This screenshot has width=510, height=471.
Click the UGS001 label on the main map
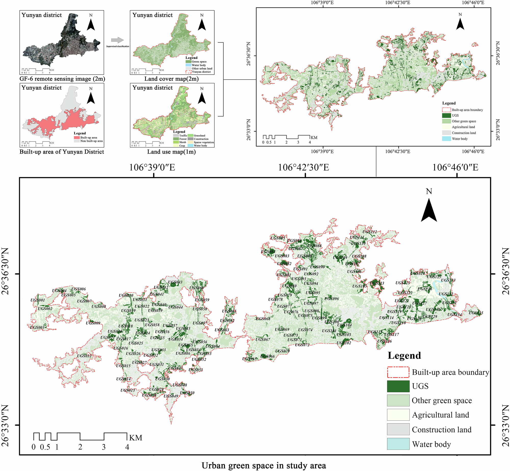37,300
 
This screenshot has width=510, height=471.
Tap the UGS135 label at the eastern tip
476,313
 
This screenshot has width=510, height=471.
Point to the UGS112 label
369,232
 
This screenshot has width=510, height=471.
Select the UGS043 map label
175,282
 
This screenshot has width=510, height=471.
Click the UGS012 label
84,356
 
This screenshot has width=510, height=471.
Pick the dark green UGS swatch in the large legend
398,386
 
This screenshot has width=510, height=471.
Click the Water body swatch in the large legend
398,444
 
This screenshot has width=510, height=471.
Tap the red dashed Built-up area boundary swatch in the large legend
398,372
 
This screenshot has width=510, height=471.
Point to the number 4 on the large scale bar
127,447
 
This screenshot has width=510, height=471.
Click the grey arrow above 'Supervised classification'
117,40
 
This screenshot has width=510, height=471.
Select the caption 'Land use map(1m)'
171,152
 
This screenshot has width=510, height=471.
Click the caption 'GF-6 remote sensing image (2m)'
62,79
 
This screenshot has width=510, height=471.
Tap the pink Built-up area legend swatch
77,137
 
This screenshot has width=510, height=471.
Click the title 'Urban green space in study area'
264,465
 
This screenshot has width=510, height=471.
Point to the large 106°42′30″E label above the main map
303,168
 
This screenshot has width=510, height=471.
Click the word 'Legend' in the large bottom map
404,355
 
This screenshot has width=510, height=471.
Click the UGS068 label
263,319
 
